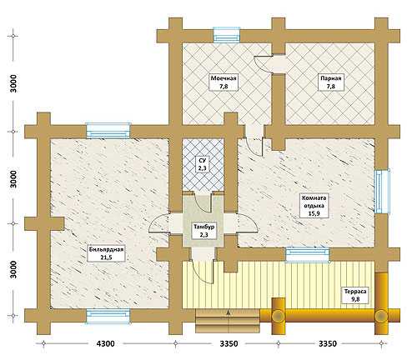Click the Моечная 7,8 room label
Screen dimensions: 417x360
(x=224, y=82)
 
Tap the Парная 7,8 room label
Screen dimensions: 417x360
(x=331, y=82)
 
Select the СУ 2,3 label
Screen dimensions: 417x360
(x=203, y=164)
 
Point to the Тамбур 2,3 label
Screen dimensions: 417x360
(x=204, y=231)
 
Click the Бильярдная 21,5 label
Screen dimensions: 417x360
(x=106, y=253)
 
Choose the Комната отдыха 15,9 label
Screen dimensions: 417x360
(x=314, y=206)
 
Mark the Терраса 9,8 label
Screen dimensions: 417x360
(x=355, y=295)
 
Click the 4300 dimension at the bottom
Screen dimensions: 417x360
(x=105, y=343)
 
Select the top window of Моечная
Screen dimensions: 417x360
(x=226, y=35)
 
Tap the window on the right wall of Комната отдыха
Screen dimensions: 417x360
(x=382, y=191)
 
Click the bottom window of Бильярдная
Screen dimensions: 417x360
(x=108, y=317)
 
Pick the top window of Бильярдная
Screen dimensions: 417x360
(x=108, y=131)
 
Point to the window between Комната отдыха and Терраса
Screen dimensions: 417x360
(x=308, y=254)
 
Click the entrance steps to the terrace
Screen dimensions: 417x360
(x=228, y=321)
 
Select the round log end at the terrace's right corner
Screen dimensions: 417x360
(x=381, y=316)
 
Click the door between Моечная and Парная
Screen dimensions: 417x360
(x=264, y=64)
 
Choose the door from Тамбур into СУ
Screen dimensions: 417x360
(x=202, y=202)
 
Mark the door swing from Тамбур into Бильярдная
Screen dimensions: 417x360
(x=159, y=222)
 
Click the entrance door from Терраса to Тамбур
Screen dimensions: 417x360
(x=201, y=272)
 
